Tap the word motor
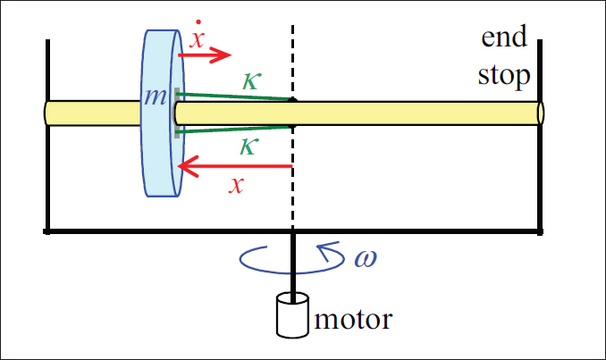[x=353, y=318]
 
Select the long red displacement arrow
[x=236, y=166]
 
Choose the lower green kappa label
[x=250, y=146]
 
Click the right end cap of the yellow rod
[x=540, y=113]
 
